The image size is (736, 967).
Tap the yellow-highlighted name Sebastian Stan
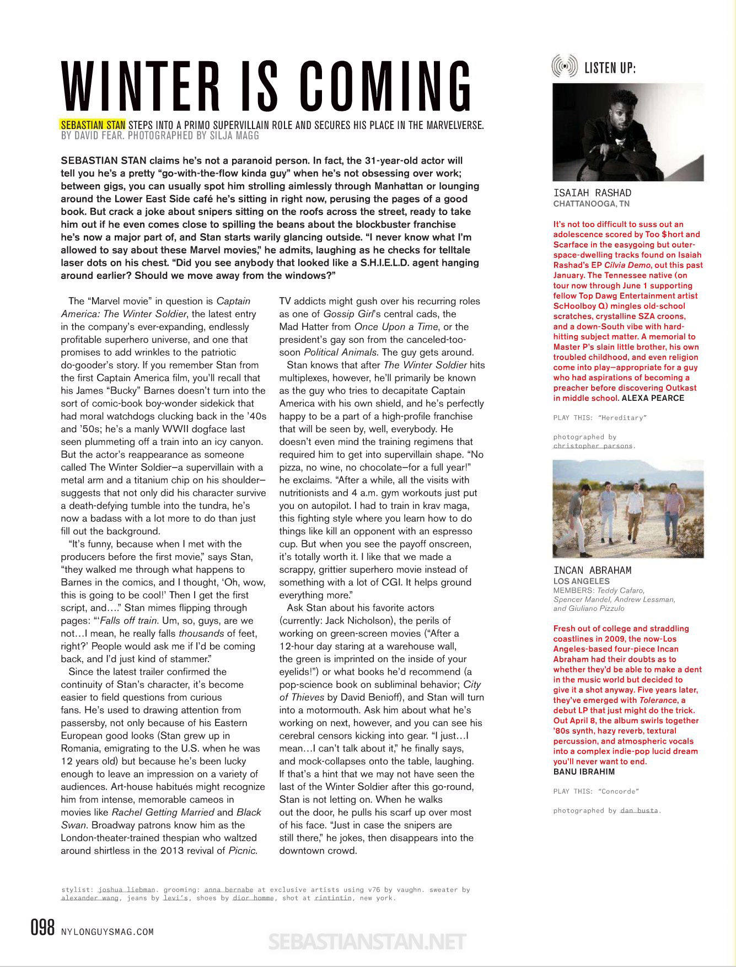93,125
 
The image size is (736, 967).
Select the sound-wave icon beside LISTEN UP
565,67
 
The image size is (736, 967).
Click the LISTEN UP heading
610,68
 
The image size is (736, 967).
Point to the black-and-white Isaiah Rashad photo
628,132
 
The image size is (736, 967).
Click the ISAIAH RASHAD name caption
592,193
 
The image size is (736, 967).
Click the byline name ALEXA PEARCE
652,398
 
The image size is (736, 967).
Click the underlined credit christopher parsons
593,445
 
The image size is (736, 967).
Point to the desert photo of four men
628,508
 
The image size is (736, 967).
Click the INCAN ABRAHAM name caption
592,570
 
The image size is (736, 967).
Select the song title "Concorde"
618,792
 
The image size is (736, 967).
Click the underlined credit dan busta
640,811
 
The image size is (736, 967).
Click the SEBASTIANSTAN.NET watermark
367,942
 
